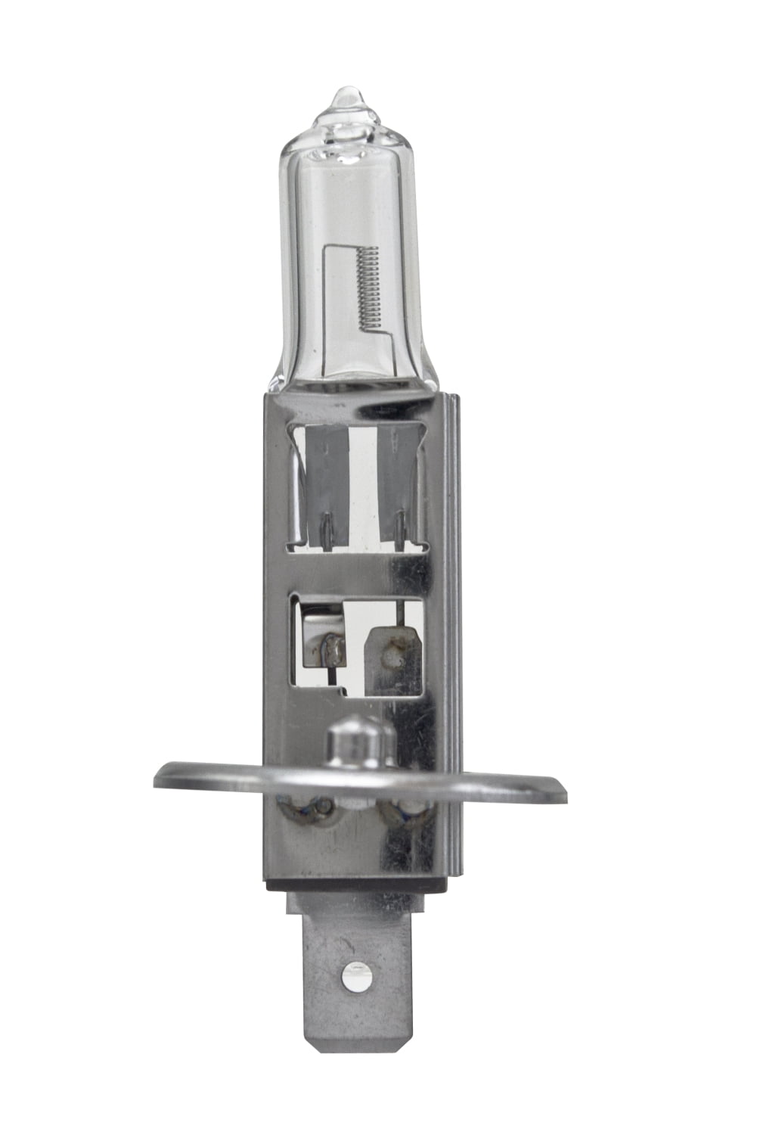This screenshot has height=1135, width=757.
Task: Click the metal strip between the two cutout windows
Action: point(355,571)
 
